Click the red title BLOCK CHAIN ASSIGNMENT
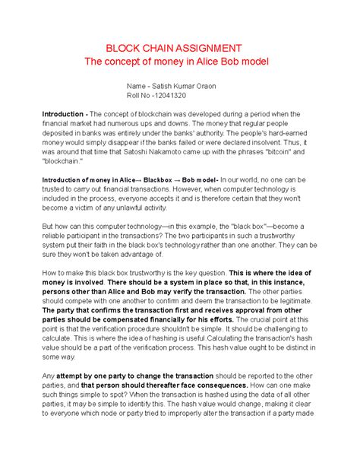pos(179,47)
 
